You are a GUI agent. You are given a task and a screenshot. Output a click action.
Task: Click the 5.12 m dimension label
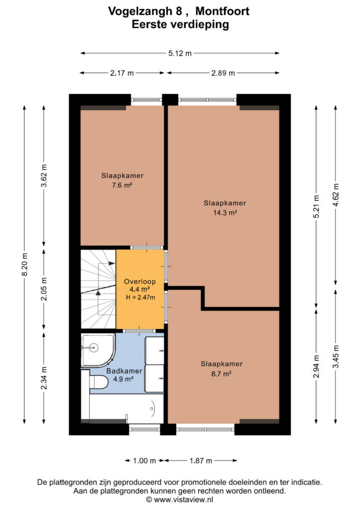[180, 53]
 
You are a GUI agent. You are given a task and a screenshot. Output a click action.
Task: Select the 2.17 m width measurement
[122, 73]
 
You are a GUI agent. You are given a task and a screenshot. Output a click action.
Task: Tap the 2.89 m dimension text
[223, 73]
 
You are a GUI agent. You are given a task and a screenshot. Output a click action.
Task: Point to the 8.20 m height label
[24, 264]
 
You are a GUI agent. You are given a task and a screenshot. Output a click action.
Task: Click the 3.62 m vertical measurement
[44, 175]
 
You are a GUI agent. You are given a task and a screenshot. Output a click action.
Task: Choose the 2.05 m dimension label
[44, 289]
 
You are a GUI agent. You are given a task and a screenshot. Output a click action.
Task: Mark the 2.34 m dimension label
[44, 378]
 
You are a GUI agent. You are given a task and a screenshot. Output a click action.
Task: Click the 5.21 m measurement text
[317, 206]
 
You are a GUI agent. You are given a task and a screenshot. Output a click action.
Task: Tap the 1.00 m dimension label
[145, 461]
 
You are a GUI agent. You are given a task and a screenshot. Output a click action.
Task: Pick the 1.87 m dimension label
[200, 461]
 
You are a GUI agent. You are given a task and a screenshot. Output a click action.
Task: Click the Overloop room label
[140, 282]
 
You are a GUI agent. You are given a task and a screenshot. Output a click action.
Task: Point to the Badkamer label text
[124, 371]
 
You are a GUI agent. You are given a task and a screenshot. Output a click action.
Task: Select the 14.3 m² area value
[225, 213]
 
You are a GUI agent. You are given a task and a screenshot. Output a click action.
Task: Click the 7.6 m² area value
[122, 185]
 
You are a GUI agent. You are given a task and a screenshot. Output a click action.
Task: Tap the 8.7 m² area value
[221, 374]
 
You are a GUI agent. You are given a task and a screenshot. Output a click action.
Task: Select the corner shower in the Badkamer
[97, 350]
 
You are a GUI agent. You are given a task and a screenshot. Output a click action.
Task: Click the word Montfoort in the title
[222, 11]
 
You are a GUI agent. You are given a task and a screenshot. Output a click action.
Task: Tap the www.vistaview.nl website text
[183, 500]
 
